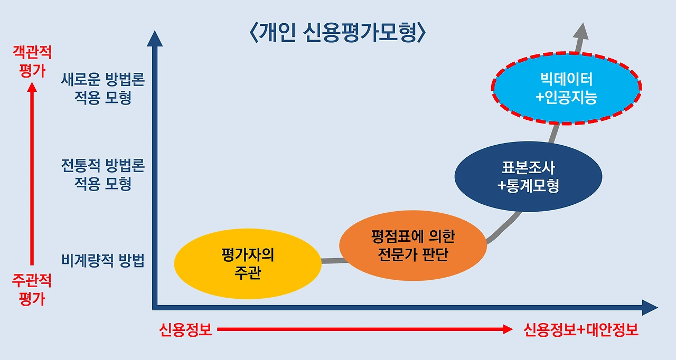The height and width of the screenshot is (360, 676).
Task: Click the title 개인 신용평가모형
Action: pyautogui.click(x=337, y=33)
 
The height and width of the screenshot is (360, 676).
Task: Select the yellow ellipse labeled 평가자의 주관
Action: pyautogui.click(x=247, y=264)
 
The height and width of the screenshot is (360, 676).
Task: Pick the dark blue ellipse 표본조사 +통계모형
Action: pyautogui.click(x=528, y=177)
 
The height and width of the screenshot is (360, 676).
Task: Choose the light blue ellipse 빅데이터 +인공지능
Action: pyautogui.click(x=566, y=88)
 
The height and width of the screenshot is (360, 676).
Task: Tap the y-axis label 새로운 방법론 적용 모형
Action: pyautogui.click(x=103, y=89)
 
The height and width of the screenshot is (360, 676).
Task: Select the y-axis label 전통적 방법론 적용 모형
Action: pyautogui.click(x=103, y=175)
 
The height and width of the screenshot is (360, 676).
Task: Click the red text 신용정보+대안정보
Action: pyautogui.click(x=581, y=330)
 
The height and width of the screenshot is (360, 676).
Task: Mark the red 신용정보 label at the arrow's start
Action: pyautogui.click(x=185, y=330)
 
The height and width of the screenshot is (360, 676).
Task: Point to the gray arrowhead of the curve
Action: pyautogui.click(x=583, y=31)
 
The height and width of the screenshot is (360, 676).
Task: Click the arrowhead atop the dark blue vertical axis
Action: pyautogui.click(x=154, y=39)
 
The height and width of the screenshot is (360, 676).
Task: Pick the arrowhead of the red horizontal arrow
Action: pyautogui.click(x=508, y=330)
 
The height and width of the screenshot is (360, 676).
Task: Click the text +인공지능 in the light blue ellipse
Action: pyautogui.click(x=566, y=98)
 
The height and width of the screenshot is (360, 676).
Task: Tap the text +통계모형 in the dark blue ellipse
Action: pyautogui.click(x=528, y=186)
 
